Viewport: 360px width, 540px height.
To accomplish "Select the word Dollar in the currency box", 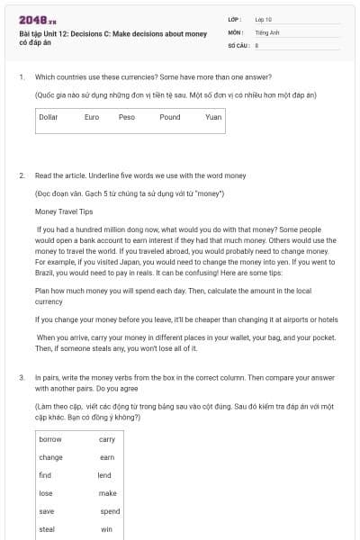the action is [x=49, y=117].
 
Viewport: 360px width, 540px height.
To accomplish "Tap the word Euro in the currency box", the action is [x=92, y=117].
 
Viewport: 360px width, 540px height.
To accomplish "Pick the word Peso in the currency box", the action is [x=127, y=117].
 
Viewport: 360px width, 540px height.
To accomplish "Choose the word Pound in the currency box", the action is [x=170, y=117].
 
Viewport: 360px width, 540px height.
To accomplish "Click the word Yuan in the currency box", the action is [x=213, y=117].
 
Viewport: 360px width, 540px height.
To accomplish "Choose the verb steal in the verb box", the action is [x=47, y=529].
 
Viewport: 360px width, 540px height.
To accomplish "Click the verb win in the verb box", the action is [x=105, y=529].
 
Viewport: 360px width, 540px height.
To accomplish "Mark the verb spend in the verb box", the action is [x=109, y=511].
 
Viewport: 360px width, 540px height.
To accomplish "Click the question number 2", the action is [x=22, y=175].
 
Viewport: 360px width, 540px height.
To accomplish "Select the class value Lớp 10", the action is [x=263, y=19].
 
